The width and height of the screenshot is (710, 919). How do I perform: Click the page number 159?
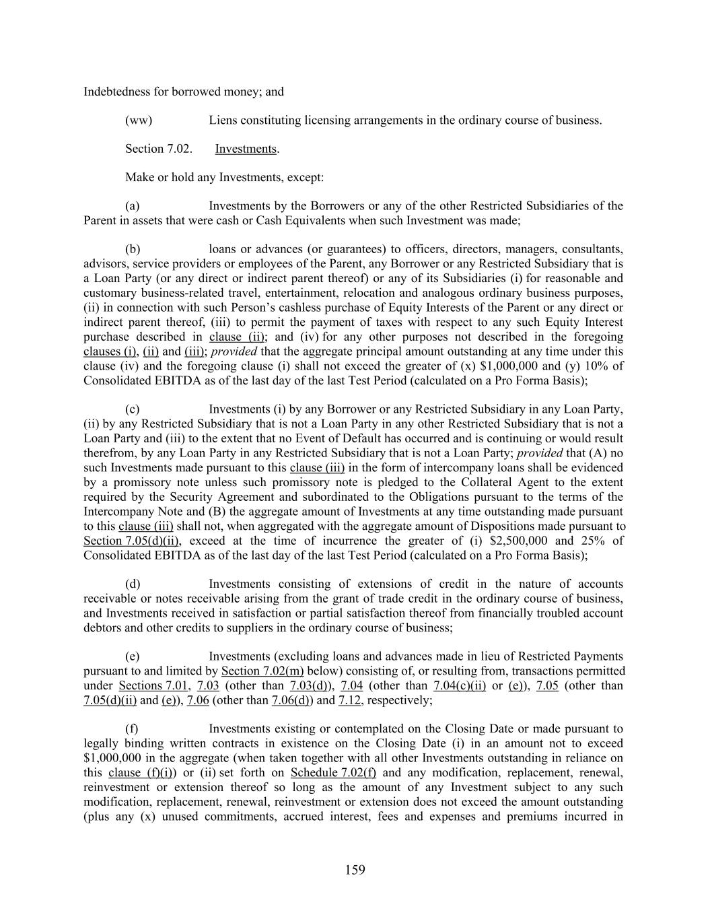click(355, 870)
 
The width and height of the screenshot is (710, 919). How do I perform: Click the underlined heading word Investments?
click(246, 149)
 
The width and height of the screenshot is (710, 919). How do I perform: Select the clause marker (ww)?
click(139, 121)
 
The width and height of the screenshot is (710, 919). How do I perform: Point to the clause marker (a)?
click(133, 206)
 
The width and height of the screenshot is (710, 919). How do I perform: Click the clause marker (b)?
click(133, 249)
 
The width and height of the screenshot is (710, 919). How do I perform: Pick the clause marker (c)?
click(133, 409)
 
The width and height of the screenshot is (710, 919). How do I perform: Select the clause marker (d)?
click(133, 584)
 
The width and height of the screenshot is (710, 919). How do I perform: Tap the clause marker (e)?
click(133, 656)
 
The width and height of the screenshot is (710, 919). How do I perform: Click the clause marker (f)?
click(132, 729)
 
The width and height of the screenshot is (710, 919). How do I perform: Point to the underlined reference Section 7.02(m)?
click(262, 671)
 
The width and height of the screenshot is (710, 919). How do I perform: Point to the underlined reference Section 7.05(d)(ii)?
click(132, 541)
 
